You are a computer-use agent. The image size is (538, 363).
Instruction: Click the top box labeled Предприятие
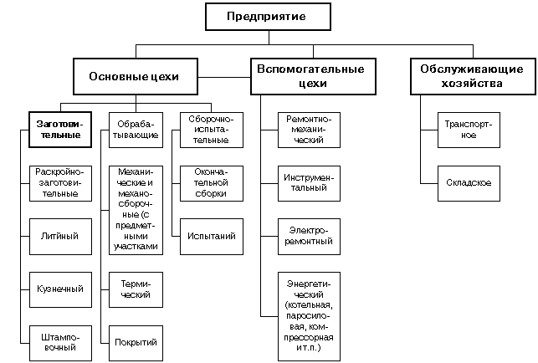tap(268, 17)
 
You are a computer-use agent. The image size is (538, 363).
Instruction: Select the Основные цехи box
tap(134, 76)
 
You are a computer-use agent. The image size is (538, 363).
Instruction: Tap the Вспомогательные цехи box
tap(310, 76)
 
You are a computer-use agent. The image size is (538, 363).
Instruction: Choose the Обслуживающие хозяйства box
tap(469, 76)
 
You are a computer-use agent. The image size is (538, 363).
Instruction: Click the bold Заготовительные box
tap(59, 129)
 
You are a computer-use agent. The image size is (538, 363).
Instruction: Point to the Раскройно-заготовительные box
tap(59, 182)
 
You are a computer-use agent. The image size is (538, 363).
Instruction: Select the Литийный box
tap(59, 236)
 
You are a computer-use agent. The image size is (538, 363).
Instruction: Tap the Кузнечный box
tap(59, 289)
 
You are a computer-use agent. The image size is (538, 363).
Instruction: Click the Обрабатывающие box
tap(134, 129)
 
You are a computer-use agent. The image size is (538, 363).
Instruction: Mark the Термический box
tap(134, 289)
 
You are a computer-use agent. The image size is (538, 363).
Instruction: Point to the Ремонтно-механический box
tap(310, 129)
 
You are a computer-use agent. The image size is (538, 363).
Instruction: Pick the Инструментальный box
tap(310, 182)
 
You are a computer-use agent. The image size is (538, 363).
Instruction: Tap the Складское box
tap(469, 182)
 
